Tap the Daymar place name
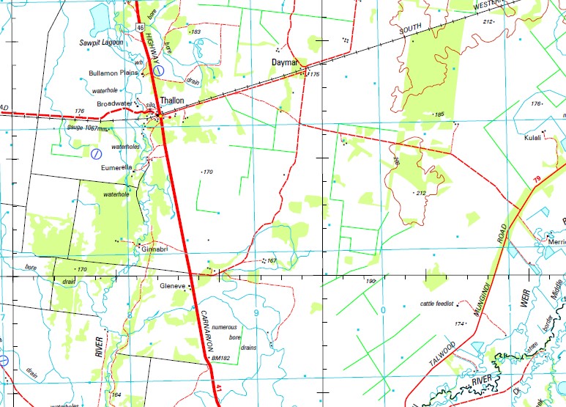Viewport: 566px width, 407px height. pos(284,63)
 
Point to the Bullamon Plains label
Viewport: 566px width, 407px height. pos(113,73)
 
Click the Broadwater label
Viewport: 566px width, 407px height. pos(115,103)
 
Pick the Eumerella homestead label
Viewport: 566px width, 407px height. pos(116,167)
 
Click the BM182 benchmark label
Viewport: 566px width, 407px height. pos(220,358)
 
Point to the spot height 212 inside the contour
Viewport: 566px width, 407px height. pos(420,193)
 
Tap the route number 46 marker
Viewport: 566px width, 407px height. pos(138,26)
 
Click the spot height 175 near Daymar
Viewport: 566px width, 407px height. pos(314,74)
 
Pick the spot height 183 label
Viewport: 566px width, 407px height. pos(195,32)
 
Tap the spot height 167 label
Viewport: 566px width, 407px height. pos(270,260)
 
